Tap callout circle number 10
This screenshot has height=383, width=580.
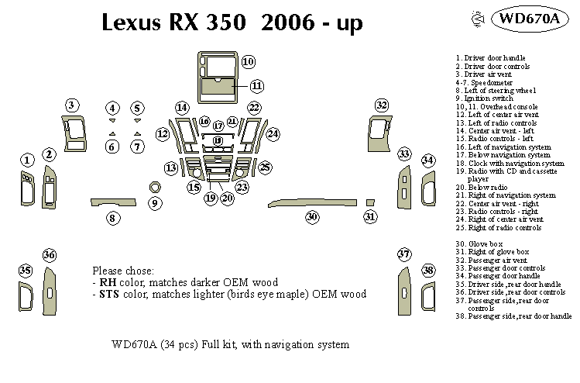[248, 61]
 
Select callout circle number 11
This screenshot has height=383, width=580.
[256, 85]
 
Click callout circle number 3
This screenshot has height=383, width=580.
[71, 105]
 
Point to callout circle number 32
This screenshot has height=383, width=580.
[381, 105]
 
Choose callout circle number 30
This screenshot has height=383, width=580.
[312, 217]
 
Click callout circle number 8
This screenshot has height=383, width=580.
[112, 219]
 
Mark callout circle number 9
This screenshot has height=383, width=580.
[154, 204]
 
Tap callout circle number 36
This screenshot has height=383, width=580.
[50, 255]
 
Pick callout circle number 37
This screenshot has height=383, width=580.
[403, 255]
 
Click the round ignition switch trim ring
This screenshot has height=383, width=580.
[155, 186]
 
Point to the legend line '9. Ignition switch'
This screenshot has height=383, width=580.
[484, 98]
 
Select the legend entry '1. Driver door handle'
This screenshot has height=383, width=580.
[490, 58]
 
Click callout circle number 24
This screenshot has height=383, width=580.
[273, 134]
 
